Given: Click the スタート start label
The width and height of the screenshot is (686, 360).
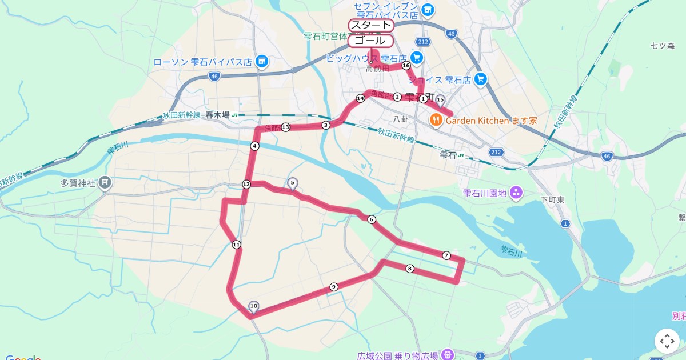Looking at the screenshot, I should pos(371,25).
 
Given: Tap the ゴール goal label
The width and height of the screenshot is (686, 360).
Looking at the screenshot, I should pos(370,41).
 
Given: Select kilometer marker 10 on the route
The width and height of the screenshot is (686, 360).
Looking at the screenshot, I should pos(253,306).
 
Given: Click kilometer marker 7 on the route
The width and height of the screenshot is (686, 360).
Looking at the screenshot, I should pos(446,255).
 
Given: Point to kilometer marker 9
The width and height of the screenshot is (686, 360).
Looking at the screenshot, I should pos(333,287).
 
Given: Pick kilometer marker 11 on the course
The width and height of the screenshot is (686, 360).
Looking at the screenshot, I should pos(236,245).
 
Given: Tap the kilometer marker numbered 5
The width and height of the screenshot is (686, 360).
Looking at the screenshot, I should pos(292,183).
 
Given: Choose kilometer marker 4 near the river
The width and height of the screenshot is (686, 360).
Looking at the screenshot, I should pos(254,146).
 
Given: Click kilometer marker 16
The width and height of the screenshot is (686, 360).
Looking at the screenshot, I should pos(406,66).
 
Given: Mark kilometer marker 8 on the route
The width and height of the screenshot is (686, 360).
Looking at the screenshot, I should pos(410,269).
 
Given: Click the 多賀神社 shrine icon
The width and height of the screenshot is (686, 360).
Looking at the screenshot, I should pos(105,183).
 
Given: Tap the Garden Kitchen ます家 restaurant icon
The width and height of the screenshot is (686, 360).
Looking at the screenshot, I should pos(436,120).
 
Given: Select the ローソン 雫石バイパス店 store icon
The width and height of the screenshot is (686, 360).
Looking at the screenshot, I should pos(262,61).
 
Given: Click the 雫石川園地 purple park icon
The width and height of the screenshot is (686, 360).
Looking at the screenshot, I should pos(516,193).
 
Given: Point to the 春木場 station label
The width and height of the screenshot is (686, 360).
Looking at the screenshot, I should pos(218,114).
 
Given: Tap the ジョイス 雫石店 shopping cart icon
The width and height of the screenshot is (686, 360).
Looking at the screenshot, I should pos(480,79).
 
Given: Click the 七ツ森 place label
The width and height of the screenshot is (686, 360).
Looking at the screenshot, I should pos(663,45).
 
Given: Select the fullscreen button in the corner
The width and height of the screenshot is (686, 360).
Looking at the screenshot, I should pos(667,341).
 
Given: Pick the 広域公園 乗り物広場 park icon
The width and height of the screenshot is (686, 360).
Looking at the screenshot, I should pos(448,355).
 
